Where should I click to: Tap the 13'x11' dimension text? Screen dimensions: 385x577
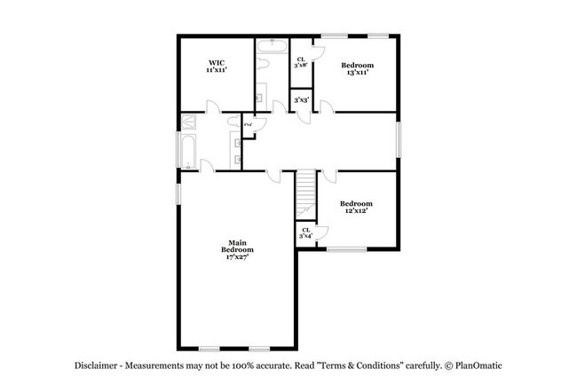(x=357, y=73)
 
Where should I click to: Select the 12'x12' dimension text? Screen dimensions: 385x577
(x=355, y=210)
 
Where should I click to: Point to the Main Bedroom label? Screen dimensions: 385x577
(x=237, y=247)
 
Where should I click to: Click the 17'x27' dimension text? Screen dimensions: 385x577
(x=237, y=258)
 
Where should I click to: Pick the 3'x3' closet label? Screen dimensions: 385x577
(x=301, y=100)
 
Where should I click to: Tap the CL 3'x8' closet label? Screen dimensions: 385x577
(x=301, y=62)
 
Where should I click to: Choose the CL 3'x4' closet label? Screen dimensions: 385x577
(x=305, y=233)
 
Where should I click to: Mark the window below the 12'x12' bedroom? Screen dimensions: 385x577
(x=346, y=249)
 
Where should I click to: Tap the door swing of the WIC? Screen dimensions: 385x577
(x=212, y=106)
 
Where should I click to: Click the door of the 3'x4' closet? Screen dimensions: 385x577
(x=321, y=232)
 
